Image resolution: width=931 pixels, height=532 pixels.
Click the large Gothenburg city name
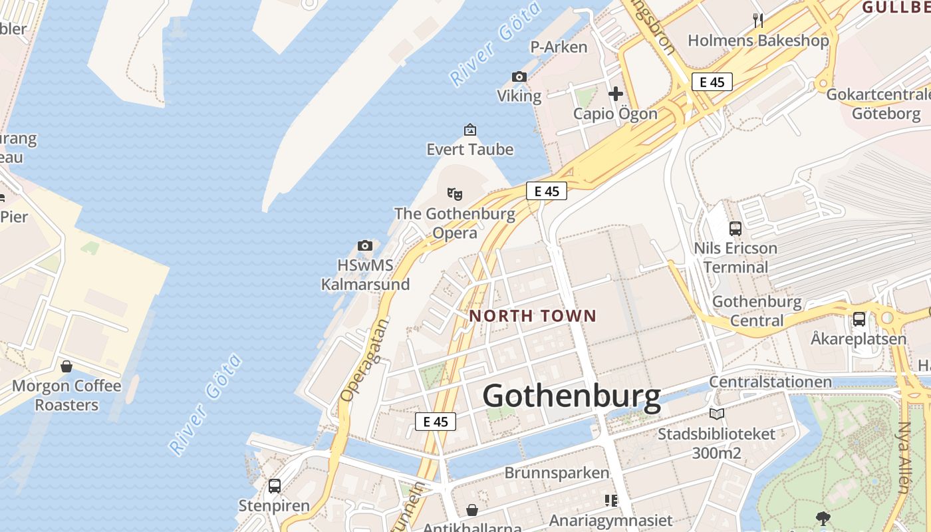click(571, 396)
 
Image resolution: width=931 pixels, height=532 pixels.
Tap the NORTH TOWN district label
click(533, 316)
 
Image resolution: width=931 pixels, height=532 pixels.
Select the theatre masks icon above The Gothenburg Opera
click(455, 194)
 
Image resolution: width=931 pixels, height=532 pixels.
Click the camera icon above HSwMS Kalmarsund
click(364, 245)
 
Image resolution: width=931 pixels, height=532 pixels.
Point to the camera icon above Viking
click(519, 76)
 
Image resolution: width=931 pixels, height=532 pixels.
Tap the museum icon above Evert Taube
click(470, 129)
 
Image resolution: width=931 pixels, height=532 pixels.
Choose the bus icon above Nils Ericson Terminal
click(735, 228)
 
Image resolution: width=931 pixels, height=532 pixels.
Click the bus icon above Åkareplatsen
click(859, 319)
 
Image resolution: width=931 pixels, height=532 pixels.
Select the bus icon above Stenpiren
click(275, 486)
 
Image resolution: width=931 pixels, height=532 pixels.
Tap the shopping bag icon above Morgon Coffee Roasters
click(66, 366)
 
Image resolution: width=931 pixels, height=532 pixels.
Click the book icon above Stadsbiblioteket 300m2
click(716, 414)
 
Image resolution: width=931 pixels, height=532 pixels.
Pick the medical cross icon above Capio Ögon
click(616, 94)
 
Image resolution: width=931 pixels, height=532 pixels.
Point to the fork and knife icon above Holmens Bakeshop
click(758, 21)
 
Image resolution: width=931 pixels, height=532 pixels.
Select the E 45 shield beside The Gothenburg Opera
click(547, 191)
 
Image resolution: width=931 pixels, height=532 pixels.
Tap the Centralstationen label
click(770, 382)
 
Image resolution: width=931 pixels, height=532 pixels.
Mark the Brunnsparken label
click(557, 473)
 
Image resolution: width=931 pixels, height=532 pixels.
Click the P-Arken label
click(559, 47)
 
